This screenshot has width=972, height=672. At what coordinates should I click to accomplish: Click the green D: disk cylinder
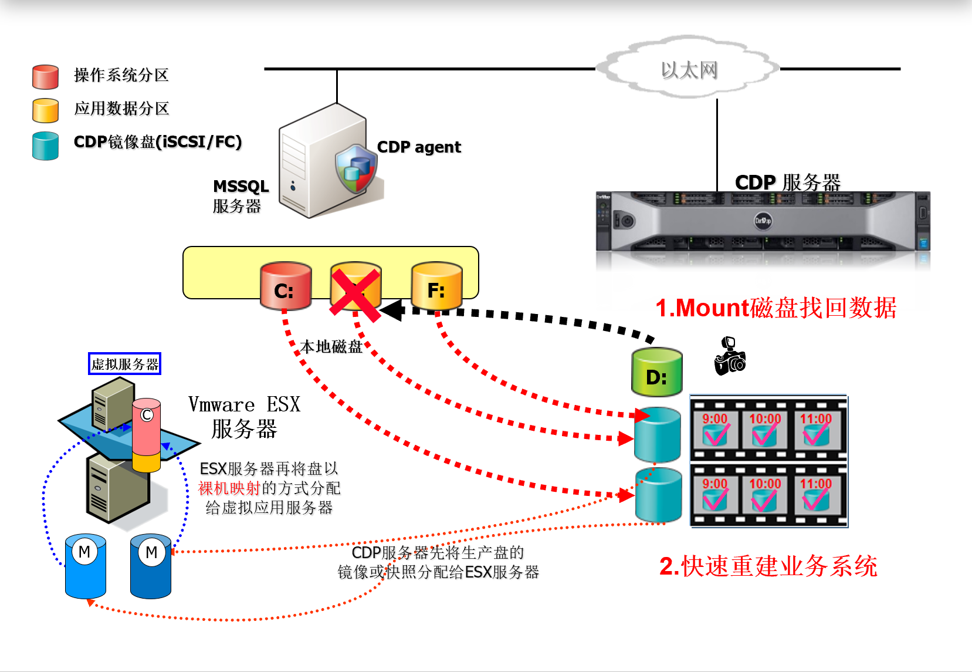tap(656, 373)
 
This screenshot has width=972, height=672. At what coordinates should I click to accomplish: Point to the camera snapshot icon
tap(729, 357)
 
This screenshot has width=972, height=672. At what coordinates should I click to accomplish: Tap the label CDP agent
tap(419, 147)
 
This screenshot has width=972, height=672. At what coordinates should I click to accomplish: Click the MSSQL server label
tap(240, 196)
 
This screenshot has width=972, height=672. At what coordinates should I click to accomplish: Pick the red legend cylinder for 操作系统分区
tap(45, 77)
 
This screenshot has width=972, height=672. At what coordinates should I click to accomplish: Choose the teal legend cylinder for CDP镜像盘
tap(45, 146)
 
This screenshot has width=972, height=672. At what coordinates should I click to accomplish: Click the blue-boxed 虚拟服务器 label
tap(124, 364)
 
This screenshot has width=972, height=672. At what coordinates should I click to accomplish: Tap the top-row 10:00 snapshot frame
tap(765, 429)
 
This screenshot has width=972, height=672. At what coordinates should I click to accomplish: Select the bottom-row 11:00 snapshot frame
tap(816, 494)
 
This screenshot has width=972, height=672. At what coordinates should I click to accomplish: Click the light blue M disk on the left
tap(86, 566)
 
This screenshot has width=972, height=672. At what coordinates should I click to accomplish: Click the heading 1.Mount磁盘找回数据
tap(775, 308)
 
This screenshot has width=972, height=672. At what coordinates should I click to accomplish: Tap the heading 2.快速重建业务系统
tap(768, 566)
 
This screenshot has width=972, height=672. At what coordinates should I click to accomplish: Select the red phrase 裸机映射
tap(229, 488)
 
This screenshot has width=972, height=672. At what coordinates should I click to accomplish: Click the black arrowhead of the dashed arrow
tap(392, 310)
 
